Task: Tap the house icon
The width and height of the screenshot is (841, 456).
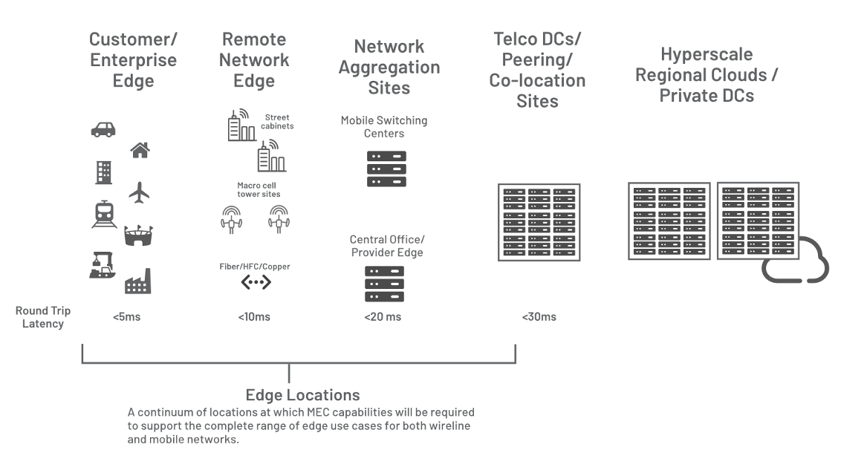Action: [x=140, y=151]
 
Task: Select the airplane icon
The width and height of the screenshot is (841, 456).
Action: [x=139, y=192]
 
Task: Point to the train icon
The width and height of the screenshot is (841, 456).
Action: [x=103, y=214]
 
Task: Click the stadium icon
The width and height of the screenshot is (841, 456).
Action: [x=139, y=235]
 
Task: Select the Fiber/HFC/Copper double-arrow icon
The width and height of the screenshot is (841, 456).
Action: [x=256, y=283]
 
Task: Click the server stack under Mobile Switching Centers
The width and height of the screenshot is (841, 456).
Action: [x=386, y=169]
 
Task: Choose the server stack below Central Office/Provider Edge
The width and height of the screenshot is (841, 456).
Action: [x=384, y=284]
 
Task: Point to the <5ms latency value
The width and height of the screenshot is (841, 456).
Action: [x=126, y=317]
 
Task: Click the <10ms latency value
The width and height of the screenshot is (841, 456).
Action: [x=254, y=317]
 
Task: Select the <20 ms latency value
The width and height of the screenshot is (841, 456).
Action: [x=383, y=317]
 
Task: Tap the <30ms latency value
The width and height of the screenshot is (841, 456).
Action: [x=539, y=317]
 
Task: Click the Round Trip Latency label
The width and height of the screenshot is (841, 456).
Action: [x=42, y=316]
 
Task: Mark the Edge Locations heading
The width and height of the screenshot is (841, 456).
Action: [x=302, y=394]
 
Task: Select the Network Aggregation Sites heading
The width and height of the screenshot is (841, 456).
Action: [x=389, y=67]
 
